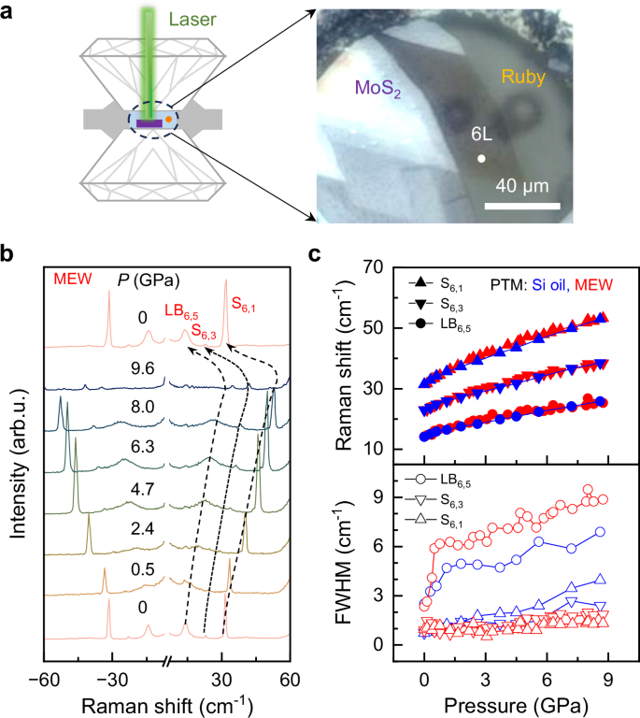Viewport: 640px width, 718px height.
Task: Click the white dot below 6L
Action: [481, 159]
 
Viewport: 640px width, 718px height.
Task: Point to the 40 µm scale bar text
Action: [521, 181]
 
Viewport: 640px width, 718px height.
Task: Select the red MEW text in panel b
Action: [71, 279]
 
